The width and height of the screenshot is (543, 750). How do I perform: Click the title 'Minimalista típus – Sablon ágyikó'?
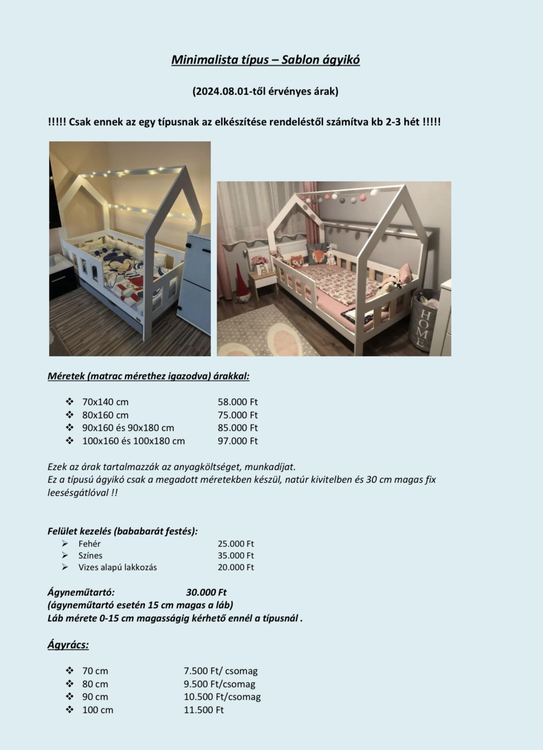click(265, 60)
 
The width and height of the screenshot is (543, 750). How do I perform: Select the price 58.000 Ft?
click(238, 402)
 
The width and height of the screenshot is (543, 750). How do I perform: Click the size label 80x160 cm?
click(105, 415)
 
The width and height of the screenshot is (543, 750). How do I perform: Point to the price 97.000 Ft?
click(238, 441)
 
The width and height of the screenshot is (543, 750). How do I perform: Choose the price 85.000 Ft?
click(238, 428)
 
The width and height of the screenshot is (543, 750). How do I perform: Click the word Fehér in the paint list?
click(89, 544)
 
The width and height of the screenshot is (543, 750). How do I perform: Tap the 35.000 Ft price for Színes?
click(236, 555)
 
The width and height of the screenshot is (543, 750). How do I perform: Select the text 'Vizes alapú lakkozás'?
click(117, 567)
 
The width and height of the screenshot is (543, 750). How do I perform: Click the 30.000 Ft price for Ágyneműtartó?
click(206, 592)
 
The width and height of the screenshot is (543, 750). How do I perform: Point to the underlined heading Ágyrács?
click(68, 645)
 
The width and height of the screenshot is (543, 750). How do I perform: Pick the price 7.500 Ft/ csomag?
click(221, 671)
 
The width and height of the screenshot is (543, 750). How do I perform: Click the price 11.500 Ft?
click(204, 710)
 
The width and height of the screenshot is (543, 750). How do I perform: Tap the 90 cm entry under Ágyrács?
click(95, 697)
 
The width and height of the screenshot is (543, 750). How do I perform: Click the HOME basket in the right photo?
click(424, 324)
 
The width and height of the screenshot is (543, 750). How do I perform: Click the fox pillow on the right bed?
click(318, 256)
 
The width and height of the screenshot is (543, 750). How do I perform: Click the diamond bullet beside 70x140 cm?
click(70, 402)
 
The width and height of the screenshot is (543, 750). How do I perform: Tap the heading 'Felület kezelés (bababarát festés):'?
click(123, 531)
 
